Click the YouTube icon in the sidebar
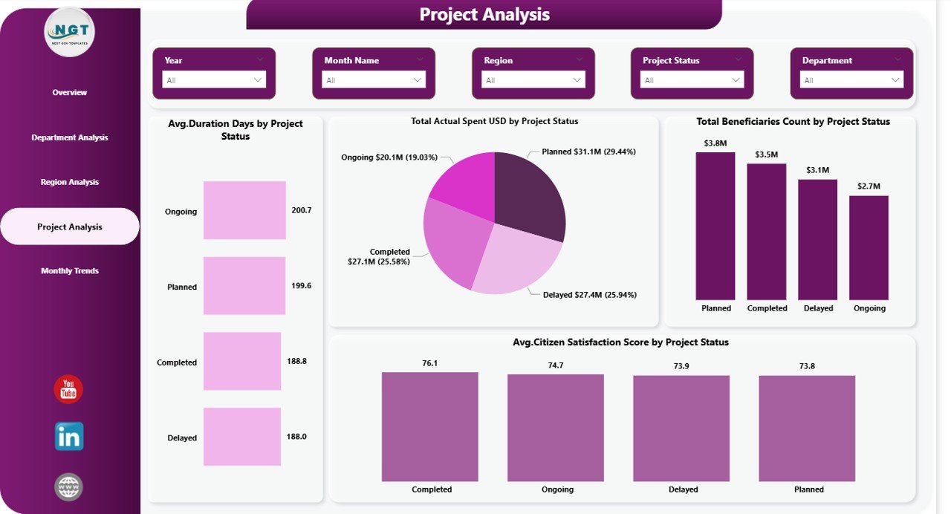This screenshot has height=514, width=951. tap(68, 389)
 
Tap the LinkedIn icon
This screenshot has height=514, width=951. tap(69, 437)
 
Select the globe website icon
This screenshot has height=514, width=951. tap(69, 487)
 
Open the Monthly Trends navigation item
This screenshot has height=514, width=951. tap(70, 271)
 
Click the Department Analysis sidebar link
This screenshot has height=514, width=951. tap(70, 137)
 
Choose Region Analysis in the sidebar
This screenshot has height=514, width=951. tap(70, 182)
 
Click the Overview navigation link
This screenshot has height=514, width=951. tap(70, 93)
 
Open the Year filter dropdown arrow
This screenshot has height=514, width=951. tap(258, 80)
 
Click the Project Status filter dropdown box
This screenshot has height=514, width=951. tap(692, 80)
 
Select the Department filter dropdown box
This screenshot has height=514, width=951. tap(851, 80)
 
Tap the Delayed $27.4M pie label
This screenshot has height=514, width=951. tap(589, 295)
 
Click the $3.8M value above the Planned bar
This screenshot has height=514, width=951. tap(715, 143)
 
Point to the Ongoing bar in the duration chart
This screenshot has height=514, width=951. tap(244, 210)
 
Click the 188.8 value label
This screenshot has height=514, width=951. tap(297, 361)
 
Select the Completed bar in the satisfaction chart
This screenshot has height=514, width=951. tap(430, 426)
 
